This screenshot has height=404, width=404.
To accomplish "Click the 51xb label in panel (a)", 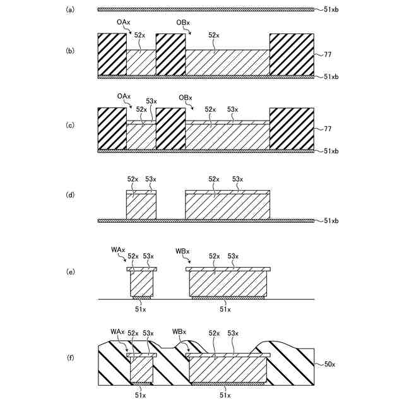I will (331, 9).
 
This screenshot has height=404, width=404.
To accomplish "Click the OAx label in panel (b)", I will (124, 22).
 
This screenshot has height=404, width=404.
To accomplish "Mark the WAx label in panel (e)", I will (117, 251).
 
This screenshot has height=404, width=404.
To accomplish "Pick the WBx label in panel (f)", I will (179, 332).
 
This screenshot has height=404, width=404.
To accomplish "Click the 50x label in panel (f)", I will (330, 364).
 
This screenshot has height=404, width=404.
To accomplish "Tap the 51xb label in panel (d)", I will (331, 221).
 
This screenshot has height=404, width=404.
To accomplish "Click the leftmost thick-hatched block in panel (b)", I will (112, 54).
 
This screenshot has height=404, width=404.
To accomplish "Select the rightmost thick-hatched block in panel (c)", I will (292, 128).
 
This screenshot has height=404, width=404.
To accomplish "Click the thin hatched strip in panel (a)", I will (206, 9).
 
